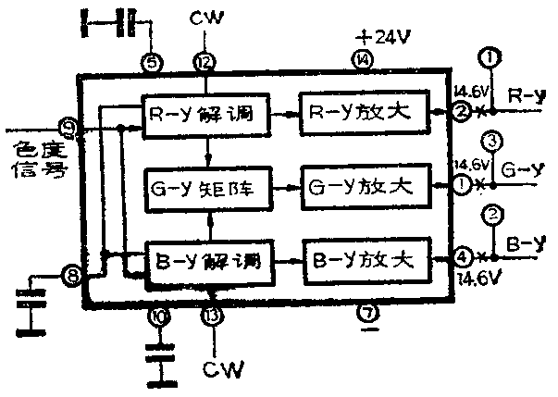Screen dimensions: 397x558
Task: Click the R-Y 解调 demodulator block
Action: coord(206,114)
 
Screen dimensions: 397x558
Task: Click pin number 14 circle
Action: coord(360,60)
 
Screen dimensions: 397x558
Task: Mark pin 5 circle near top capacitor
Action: coord(152,62)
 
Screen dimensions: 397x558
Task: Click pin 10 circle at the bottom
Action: coord(158,318)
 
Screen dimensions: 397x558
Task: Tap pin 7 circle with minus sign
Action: coord(367,313)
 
